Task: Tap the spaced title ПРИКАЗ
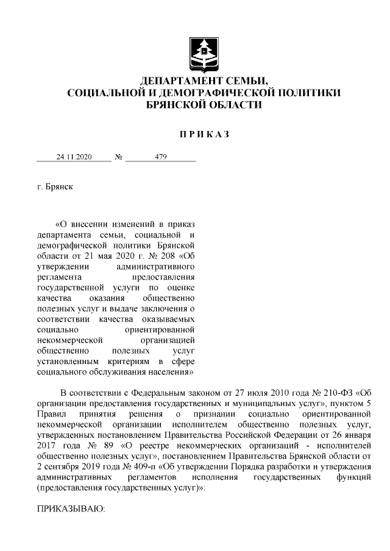pyautogui.click(x=204, y=133)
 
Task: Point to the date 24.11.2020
pyautogui.click(x=74, y=156)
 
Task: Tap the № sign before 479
pyautogui.click(x=119, y=156)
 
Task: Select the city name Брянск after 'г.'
pyautogui.click(x=59, y=188)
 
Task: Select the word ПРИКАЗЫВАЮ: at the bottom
pyautogui.click(x=71, y=509)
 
